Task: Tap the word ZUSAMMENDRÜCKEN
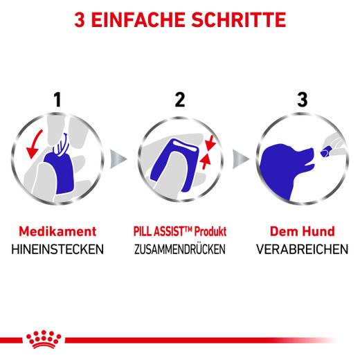(x=180, y=249)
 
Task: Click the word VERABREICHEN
(x=302, y=249)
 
